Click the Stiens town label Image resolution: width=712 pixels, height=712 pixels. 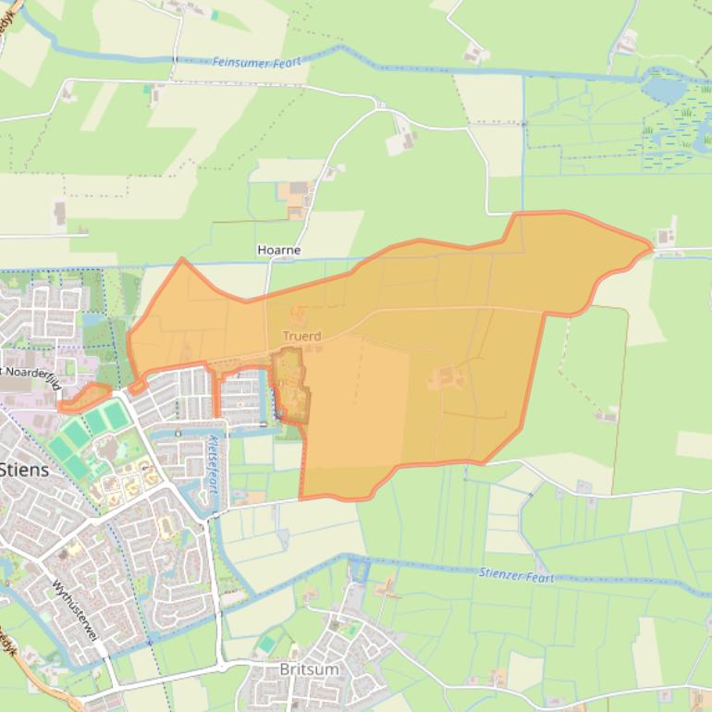[25, 469]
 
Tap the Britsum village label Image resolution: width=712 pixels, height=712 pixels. [309, 669]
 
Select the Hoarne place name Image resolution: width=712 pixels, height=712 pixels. [278, 250]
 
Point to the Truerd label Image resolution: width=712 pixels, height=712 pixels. [301, 337]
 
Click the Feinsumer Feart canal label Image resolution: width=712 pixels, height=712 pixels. [257, 63]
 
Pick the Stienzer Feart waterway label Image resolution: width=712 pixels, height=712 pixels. [516, 575]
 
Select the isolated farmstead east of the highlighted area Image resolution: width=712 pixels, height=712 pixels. [607, 415]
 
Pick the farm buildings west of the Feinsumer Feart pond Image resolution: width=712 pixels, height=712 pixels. [628, 43]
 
